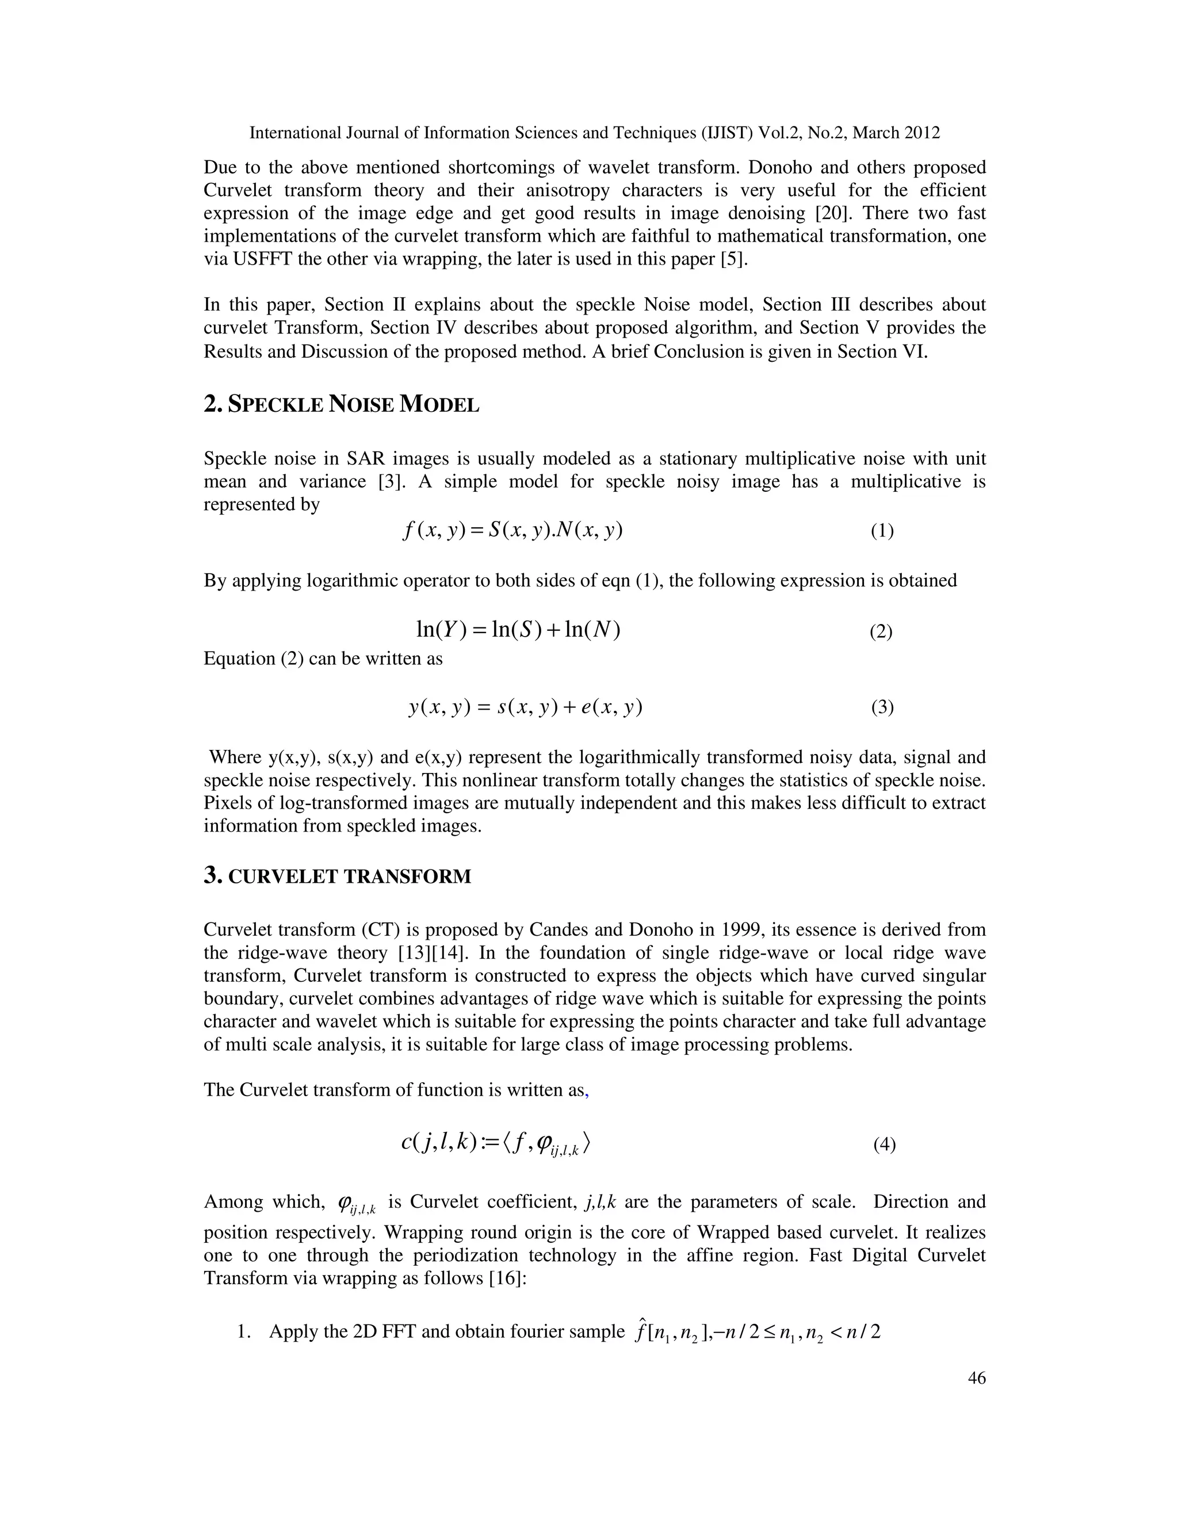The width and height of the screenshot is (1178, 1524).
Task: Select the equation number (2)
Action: click(881, 632)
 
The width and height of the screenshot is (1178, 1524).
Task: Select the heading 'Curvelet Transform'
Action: click(338, 876)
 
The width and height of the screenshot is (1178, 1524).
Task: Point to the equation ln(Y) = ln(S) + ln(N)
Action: click(518, 630)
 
